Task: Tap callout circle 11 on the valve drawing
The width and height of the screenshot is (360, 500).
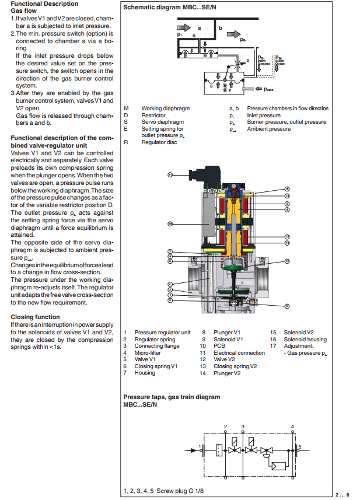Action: tap(170, 174)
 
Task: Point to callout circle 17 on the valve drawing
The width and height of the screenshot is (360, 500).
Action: tap(288, 306)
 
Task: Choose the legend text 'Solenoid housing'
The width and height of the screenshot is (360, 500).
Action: tap(305, 339)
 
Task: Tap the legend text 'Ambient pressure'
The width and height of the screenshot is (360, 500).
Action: tap(268, 129)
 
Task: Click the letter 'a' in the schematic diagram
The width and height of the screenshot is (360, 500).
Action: tap(199, 27)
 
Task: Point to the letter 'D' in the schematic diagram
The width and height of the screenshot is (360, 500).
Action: tap(247, 60)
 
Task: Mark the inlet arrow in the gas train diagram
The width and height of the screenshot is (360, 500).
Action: tap(191, 450)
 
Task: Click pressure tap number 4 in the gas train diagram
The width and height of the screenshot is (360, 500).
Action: tap(292, 428)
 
